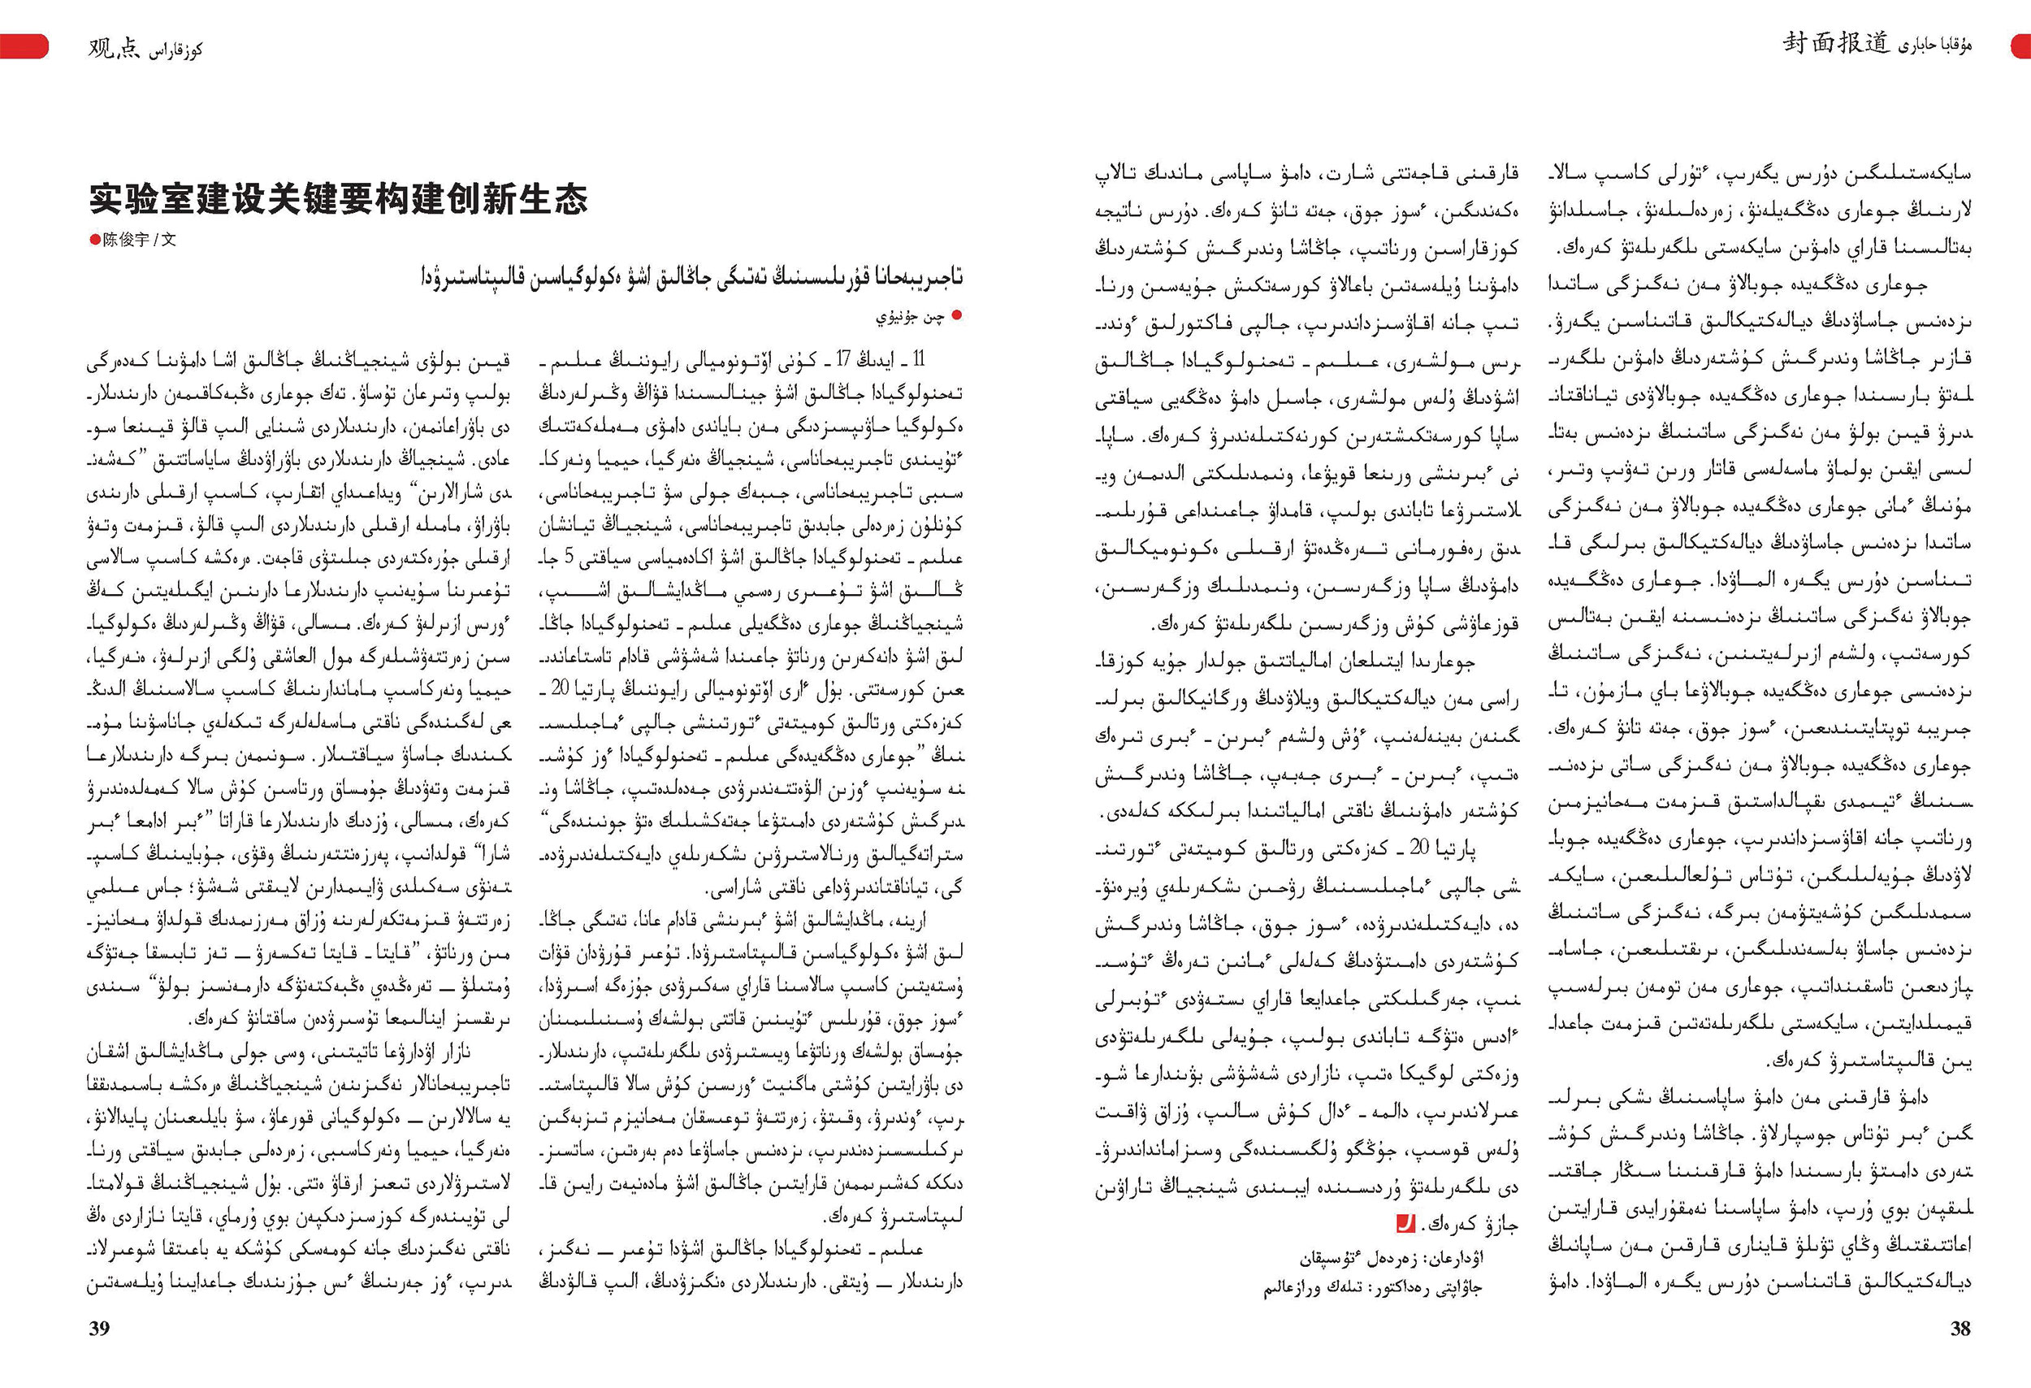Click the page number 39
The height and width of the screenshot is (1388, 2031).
99,1328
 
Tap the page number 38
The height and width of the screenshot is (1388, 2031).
1960,1328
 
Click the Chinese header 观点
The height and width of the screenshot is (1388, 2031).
114,48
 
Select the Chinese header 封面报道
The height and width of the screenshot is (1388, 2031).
1835,43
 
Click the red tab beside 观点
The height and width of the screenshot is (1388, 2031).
24,46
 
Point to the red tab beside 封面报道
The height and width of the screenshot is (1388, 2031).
2020,46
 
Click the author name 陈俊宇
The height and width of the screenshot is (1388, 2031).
126,240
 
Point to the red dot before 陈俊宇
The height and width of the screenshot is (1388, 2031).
94,240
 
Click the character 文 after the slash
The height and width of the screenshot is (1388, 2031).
169,240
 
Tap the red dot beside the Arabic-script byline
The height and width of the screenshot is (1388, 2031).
957,314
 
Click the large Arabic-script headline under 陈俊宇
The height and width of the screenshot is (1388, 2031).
691,276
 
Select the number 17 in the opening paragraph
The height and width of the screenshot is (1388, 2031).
843,359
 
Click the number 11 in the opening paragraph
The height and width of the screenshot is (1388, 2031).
919,359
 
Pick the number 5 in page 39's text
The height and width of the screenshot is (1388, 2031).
569,556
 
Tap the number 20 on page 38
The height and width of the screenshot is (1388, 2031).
1419,846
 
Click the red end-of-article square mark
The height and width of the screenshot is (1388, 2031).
1405,1223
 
